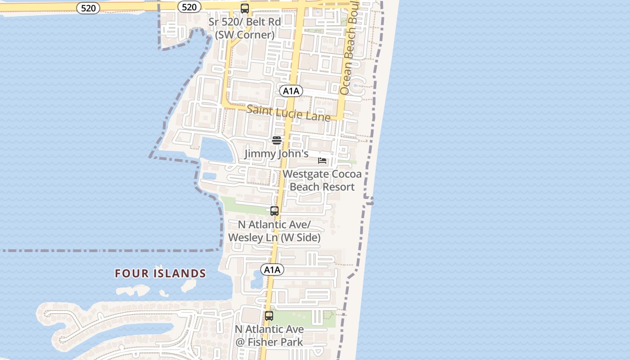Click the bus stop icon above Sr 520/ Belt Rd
[245, 9]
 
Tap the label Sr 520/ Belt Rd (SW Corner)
[245, 28]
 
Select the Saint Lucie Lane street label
[288, 113]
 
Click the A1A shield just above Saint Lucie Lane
[291, 91]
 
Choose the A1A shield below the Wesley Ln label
[272, 270]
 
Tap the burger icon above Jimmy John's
[277, 140]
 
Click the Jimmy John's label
[276, 154]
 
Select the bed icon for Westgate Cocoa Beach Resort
[322, 160]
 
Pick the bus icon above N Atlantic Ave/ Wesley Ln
[274, 211]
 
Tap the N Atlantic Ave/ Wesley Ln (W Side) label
[274, 231]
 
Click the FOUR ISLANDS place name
[160, 274]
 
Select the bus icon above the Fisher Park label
[269, 316]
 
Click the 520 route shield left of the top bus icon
[189, 7]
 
